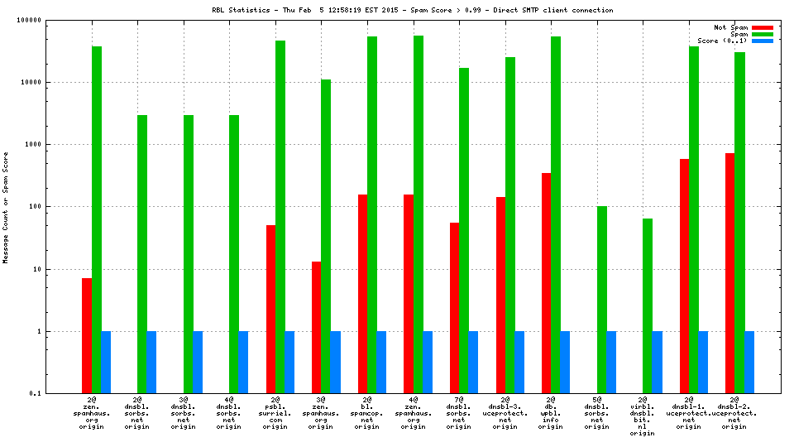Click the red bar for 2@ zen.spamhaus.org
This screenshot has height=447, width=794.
click(x=87, y=335)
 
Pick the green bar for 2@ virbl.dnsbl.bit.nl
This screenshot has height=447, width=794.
click(x=648, y=305)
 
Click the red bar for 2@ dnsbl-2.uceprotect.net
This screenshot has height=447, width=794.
click(x=729, y=273)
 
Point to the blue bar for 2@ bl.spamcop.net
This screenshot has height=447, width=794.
click(x=381, y=362)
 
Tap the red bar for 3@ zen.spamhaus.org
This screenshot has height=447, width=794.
click(x=317, y=327)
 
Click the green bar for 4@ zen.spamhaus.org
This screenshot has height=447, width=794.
click(x=418, y=214)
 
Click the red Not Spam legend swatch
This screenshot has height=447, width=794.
click(x=762, y=27)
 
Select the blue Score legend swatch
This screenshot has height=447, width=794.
click(x=762, y=41)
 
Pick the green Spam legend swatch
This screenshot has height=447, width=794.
click(x=762, y=34)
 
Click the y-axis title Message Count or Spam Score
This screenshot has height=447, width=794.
click(x=6, y=207)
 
